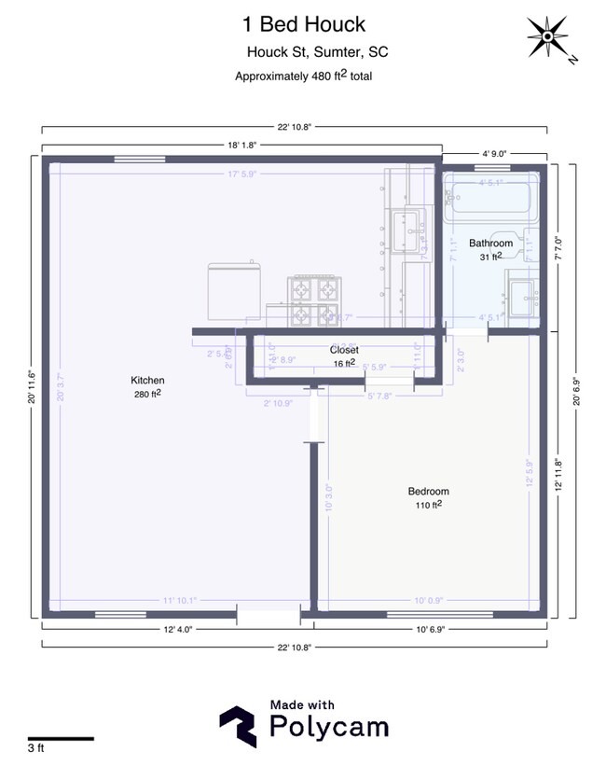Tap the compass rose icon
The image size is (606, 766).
550,38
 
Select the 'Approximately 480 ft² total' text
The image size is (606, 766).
305,77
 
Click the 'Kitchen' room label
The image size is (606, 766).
147,381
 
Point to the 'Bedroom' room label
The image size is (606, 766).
428,492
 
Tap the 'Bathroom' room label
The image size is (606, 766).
490,244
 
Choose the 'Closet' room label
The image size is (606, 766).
344,350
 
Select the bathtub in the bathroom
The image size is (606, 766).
489,197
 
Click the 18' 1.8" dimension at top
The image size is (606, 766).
241,145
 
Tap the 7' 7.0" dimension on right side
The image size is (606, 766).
558,247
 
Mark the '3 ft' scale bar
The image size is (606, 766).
61,739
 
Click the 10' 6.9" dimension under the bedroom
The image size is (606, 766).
433,631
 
